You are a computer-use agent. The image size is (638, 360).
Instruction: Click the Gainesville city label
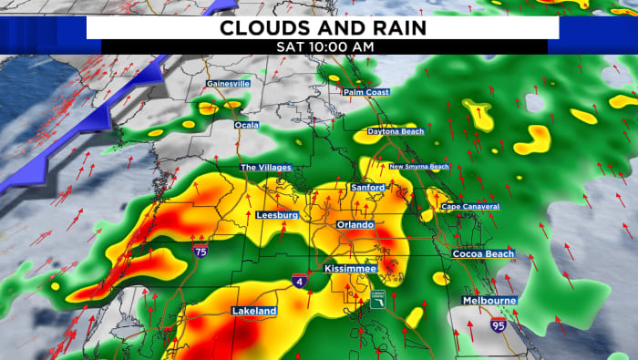pos(228,84)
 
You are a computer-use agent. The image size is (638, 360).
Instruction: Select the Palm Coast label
pos(365,92)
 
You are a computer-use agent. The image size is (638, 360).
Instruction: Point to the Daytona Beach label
pos(396,132)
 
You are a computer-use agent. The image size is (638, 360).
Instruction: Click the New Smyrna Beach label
pos(419,167)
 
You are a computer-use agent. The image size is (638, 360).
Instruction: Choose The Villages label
pos(262,168)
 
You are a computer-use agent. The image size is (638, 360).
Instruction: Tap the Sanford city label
pos(368,188)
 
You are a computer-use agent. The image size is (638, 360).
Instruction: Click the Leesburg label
pos(277,215)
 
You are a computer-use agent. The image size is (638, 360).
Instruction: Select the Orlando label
pos(356,224)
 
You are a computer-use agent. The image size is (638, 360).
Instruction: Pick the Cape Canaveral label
pos(470,207)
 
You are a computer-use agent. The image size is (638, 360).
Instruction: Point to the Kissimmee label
pos(349,270)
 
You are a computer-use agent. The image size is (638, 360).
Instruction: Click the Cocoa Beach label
pos(483,253)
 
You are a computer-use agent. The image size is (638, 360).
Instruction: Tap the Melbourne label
pos(489,300)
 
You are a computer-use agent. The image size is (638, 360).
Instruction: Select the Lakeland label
pos(254,312)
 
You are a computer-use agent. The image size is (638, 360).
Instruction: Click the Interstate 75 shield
pos(200,250)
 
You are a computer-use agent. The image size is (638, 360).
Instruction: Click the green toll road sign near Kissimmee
pos(376,299)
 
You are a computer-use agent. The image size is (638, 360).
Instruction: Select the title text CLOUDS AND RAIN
pos(324,27)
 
